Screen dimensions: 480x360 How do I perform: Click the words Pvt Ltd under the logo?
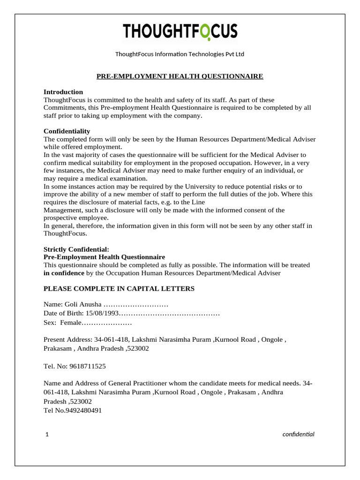(x=234, y=54)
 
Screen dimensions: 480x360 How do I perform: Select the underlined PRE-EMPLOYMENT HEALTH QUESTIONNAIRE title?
(x=180, y=76)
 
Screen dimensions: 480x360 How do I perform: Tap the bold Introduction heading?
(x=63, y=92)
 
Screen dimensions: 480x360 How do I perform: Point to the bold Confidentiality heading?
(x=67, y=131)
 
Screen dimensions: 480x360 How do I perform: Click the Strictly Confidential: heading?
(x=76, y=249)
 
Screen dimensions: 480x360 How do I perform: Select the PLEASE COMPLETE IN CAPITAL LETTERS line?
(x=119, y=289)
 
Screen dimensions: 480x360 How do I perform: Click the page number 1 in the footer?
(x=47, y=435)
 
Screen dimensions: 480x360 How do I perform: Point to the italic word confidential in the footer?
(x=299, y=434)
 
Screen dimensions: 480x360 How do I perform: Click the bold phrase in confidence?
(x=64, y=273)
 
